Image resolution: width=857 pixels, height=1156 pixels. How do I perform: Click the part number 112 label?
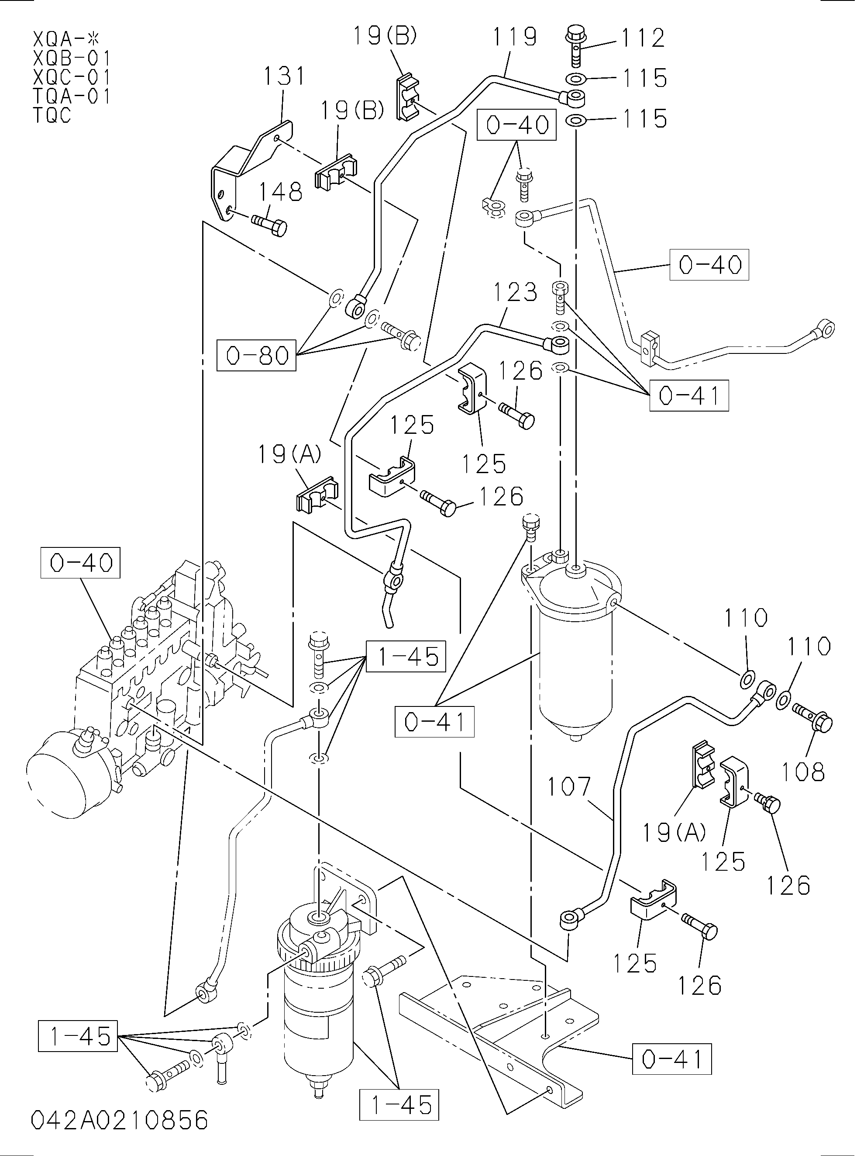pyautogui.click(x=643, y=38)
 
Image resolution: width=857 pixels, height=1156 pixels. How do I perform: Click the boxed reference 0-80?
pyautogui.click(x=256, y=356)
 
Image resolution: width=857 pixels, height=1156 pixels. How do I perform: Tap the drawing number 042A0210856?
pyautogui.click(x=119, y=1120)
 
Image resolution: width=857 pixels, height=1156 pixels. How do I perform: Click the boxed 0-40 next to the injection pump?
pyautogui.click(x=80, y=563)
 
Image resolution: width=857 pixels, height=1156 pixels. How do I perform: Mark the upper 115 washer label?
pyautogui.click(x=644, y=78)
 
